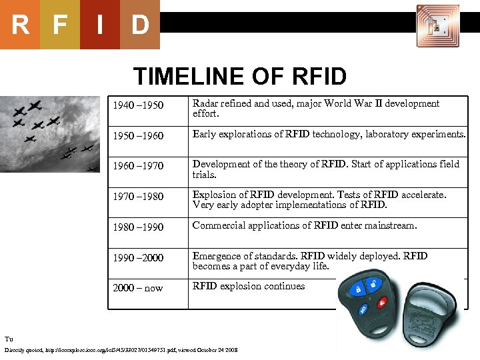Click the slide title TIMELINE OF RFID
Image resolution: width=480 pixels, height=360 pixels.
pos(240,76)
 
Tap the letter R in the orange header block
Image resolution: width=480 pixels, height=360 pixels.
pos(20,25)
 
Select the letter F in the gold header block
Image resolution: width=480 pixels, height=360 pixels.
pos(60,25)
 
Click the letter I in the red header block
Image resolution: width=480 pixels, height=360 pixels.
pos(99,25)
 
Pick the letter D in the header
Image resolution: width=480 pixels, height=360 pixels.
pos(140,25)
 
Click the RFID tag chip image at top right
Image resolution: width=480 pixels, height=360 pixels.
pos(437,25)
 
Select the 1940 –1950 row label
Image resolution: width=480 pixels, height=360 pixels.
pos(138,105)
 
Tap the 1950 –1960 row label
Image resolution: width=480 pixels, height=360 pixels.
pos(138,136)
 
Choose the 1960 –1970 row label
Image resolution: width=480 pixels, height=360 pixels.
pos(138,166)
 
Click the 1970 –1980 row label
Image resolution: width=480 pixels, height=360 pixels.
pos(138,197)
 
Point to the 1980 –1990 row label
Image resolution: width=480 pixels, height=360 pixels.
pos(138,227)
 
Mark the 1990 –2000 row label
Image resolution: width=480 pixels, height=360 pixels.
pos(138,258)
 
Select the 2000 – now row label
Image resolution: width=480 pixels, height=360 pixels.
pos(138,288)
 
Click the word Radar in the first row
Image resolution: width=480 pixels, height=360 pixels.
pos(206,103)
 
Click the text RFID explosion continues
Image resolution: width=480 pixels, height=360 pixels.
pos(249,286)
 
